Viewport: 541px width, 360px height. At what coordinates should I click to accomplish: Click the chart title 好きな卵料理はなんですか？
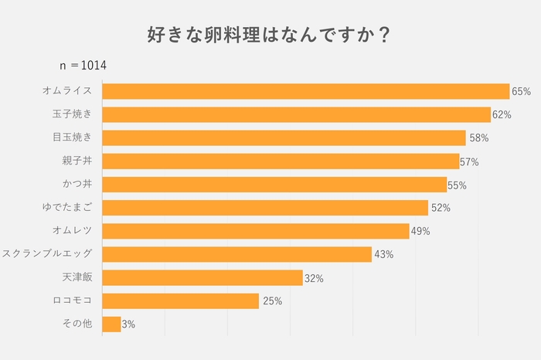tap(268, 35)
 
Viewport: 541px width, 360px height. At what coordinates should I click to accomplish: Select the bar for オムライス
tap(305, 91)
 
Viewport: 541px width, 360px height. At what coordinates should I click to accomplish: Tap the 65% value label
tap(521, 92)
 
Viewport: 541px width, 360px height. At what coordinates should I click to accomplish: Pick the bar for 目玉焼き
tap(284, 138)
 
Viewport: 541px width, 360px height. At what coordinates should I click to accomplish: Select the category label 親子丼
tap(77, 161)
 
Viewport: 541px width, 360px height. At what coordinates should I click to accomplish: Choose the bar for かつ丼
tap(274, 185)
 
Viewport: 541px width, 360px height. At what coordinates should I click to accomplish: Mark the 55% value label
tap(458, 185)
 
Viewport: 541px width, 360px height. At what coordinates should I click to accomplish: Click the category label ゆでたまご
tap(67, 208)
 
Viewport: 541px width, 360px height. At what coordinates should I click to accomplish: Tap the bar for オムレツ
tap(256, 231)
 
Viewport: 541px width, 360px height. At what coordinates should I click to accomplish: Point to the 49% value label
tap(420, 232)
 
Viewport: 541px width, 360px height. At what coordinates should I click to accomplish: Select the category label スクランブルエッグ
tap(48, 254)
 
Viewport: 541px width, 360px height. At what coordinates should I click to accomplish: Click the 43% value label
tap(383, 255)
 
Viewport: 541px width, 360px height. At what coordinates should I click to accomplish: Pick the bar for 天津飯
tap(202, 277)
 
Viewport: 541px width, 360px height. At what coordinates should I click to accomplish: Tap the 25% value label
tap(272, 301)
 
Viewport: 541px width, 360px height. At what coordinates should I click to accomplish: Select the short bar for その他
tap(111, 324)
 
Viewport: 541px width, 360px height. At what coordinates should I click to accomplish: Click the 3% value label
tap(128, 324)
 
